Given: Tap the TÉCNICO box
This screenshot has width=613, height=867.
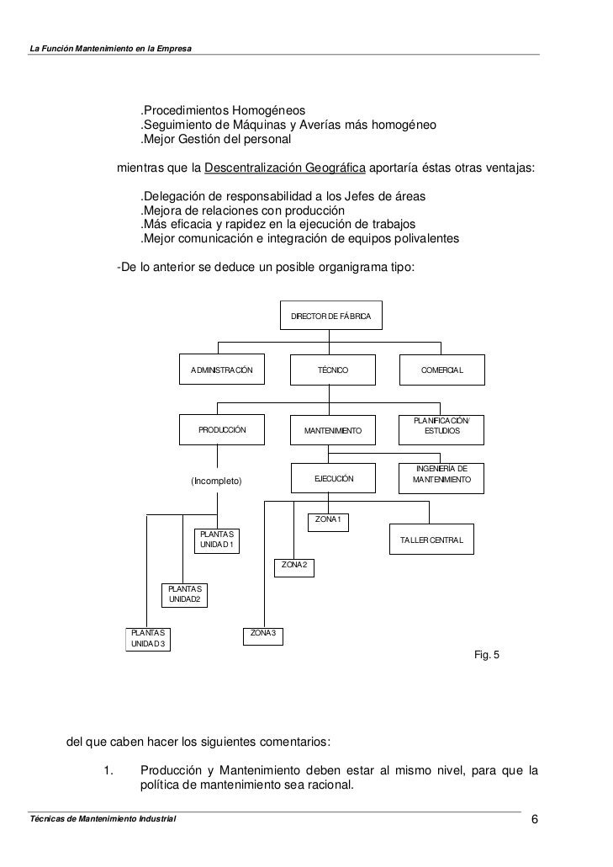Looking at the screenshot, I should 332,370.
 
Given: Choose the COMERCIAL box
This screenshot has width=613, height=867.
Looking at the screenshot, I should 442,370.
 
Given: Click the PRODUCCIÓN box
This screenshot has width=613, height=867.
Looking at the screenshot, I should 221,429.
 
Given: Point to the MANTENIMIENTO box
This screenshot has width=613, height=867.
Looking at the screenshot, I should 332,430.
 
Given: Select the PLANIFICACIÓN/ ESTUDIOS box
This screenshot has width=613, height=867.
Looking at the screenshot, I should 442,428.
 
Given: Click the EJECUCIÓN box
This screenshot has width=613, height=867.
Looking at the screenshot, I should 333,479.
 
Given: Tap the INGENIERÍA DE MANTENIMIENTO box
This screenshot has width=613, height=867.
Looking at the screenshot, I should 442,476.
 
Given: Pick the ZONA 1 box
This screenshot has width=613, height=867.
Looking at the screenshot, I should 328,520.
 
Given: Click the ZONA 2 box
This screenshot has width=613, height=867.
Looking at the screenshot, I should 294,565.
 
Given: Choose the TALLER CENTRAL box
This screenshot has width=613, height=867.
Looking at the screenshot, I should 431,540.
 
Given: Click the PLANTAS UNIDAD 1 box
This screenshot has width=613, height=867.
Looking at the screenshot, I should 217,540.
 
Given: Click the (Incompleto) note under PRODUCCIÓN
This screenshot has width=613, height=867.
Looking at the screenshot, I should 216,481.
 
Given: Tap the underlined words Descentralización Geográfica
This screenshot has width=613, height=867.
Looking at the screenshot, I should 285,167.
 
